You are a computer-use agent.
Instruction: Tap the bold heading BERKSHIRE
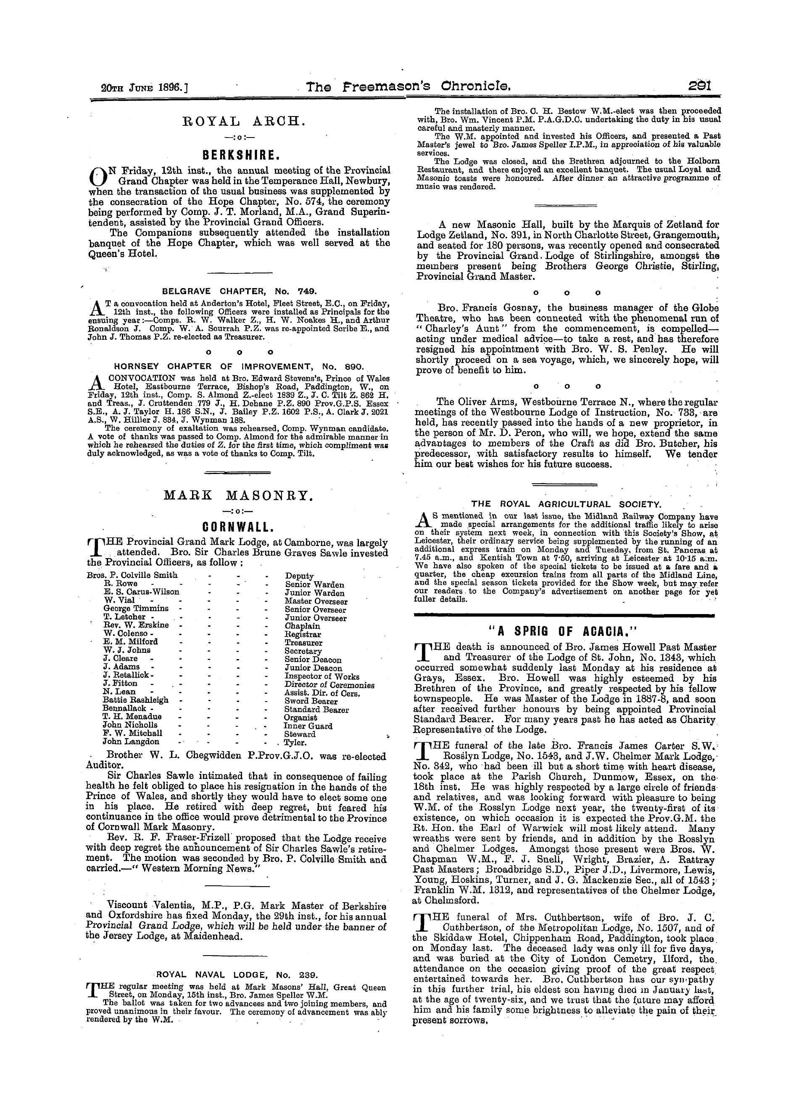(x=240, y=156)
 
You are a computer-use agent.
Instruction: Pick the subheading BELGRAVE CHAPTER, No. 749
(x=239, y=292)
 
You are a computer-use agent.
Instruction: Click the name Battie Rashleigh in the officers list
(x=136, y=700)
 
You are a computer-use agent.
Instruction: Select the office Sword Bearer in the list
(x=311, y=701)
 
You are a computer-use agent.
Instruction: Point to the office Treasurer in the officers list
(x=304, y=643)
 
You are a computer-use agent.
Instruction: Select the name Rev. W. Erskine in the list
(x=136, y=625)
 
